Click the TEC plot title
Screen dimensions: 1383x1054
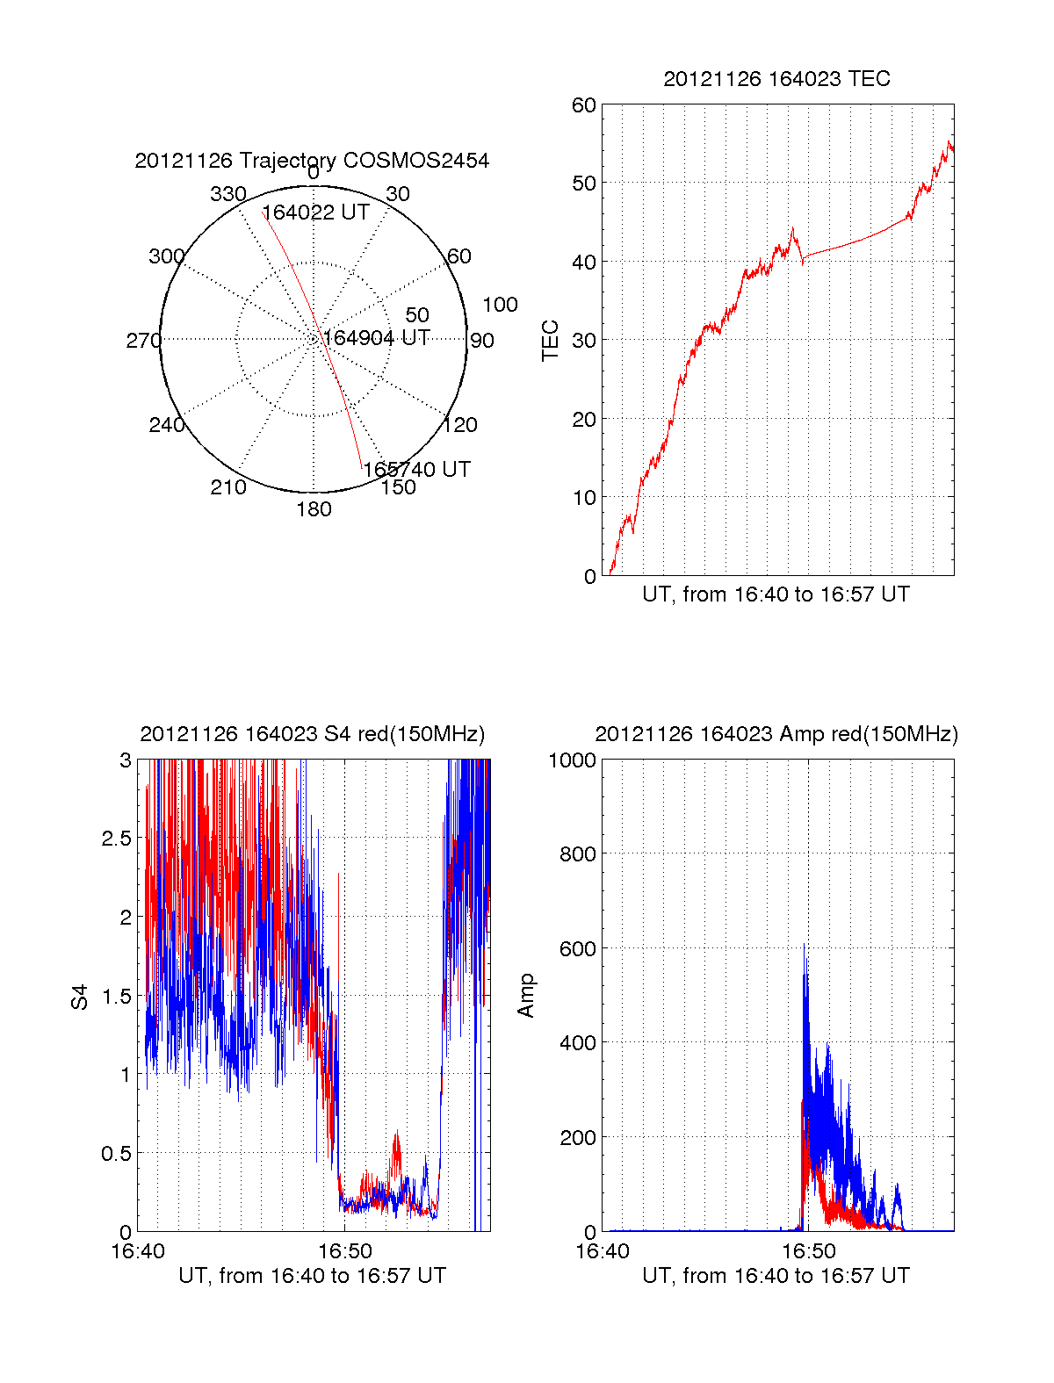776,79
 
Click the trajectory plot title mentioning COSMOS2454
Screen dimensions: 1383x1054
312,161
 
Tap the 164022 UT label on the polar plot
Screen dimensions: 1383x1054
315,212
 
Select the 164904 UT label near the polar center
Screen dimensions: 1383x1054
376,338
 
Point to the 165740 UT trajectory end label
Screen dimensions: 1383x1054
416,470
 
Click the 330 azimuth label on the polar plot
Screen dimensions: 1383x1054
227,194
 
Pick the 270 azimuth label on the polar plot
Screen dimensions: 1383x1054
143,341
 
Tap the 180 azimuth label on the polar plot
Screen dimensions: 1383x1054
314,509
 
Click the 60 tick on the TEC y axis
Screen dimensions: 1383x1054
583,105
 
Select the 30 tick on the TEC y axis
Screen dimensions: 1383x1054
583,341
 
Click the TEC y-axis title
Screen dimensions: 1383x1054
551,341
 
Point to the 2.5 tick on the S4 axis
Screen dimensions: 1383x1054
116,839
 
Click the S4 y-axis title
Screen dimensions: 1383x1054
80,997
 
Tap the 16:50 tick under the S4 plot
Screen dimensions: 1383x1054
344,1251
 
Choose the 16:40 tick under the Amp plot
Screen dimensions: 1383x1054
602,1251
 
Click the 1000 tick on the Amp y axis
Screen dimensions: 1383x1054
573,760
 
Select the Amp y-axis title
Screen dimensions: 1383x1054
526,996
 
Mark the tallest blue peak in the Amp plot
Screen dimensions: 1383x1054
804,946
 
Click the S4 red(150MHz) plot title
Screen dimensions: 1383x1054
312,734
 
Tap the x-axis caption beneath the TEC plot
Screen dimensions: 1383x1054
776,594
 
